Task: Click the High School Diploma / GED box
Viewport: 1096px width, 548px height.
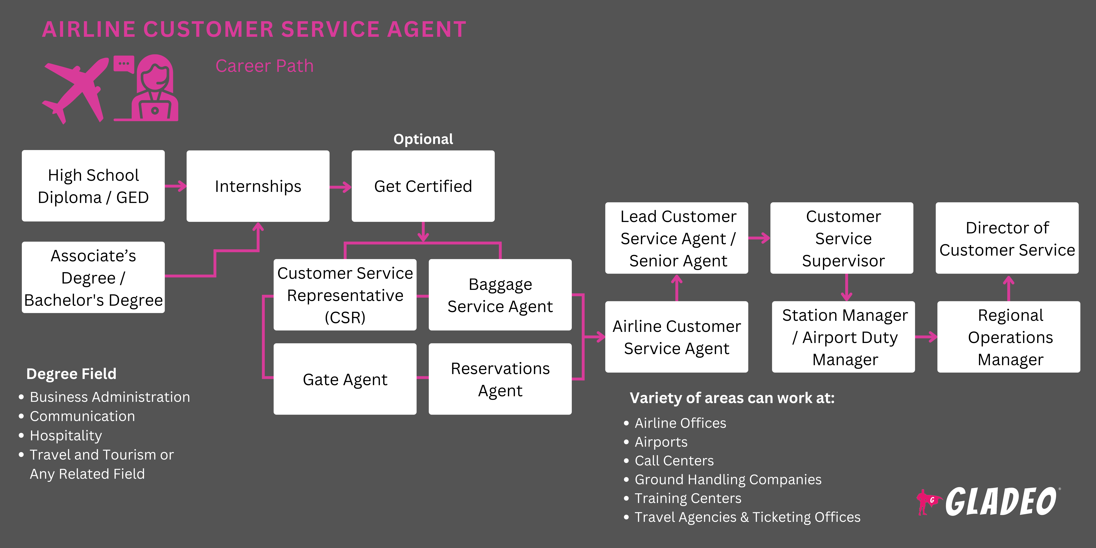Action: [93, 186]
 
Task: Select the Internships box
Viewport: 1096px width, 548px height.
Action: [258, 186]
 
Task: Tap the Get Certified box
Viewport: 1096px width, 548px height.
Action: [423, 186]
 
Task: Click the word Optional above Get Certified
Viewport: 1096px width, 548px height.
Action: [423, 139]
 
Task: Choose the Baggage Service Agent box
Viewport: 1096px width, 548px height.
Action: [500, 295]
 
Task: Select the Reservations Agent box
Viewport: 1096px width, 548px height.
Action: [500, 379]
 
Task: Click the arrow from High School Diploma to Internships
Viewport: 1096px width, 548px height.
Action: [176, 186]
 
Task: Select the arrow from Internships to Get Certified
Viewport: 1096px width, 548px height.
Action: [340, 187]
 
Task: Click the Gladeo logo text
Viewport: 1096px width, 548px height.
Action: [1000, 502]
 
